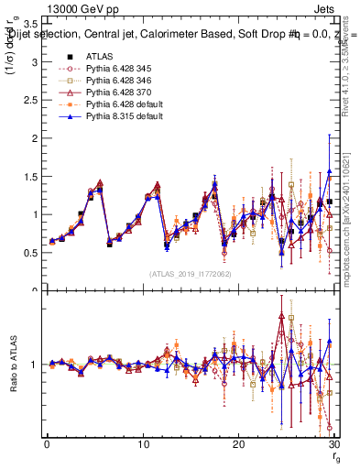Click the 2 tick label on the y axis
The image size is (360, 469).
[34, 138]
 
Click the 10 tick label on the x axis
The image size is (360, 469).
[142, 444]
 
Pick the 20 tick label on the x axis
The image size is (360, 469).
[238, 444]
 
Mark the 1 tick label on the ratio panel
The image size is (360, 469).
[34, 365]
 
